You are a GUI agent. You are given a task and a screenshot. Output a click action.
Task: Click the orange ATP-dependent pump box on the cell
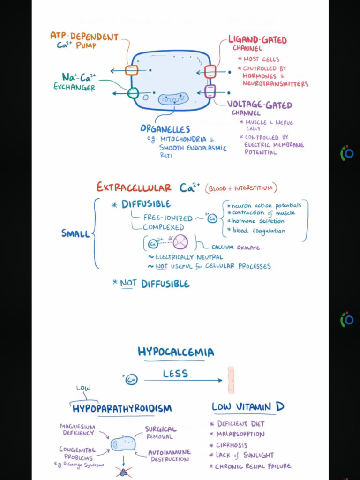pyautogui.click(x=132, y=70)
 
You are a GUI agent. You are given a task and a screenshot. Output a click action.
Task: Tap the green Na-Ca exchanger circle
pyautogui.click(x=133, y=93)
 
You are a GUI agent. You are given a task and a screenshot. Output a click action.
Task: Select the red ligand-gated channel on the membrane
pyautogui.click(x=210, y=72)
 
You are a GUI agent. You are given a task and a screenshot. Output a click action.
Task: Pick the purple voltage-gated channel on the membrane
pyautogui.click(x=210, y=91)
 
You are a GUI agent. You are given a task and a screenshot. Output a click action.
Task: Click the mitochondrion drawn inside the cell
pyautogui.click(x=173, y=99)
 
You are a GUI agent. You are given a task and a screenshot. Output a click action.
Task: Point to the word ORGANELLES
pyautogui.click(x=165, y=129)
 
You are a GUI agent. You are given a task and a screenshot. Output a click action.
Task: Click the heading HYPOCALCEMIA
pyautogui.click(x=176, y=352)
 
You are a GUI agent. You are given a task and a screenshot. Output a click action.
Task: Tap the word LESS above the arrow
pyautogui.click(x=175, y=374)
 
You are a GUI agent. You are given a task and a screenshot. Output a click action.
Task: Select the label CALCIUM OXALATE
pyautogui.click(x=235, y=247)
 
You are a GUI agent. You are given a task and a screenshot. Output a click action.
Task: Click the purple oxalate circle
pyautogui.click(x=180, y=242)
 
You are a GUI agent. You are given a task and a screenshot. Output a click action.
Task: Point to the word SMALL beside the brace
pyautogui.click(x=75, y=233)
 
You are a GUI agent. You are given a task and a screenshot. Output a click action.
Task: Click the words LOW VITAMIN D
pyautogui.click(x=248, y=406)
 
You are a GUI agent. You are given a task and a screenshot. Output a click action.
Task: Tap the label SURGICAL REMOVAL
pyautogui.click(x=161, y=432)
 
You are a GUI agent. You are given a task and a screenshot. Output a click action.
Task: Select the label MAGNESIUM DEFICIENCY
pyautogui.click(x=77, y=429)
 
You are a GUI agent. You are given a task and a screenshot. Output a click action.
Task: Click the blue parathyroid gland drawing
pyautogui.click(x=123, y=443)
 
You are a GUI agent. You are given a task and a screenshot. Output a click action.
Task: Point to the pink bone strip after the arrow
pyautogui.click(x=231, y=380)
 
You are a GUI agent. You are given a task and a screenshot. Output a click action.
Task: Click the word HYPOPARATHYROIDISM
pyautogui.click(x=122, y=408)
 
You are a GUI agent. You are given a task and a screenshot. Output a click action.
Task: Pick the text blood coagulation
pyautogui.click(x=259, y=230)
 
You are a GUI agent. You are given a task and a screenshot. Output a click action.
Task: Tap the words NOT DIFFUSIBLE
pyautogui.click(x=155, y=284)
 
